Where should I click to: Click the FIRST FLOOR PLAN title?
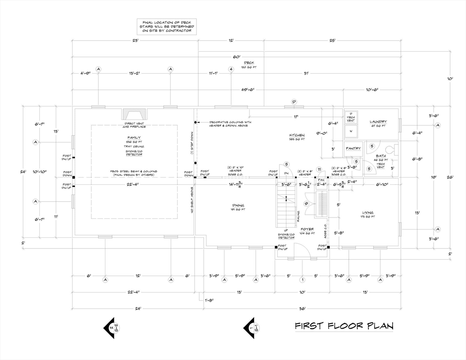(x=344, y=325)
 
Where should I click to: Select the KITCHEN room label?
(x=297, y=135)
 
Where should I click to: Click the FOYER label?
(x=307, y=229)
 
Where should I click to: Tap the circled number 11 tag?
(x=319, y=170)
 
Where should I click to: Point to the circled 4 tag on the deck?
(x=231, y=69)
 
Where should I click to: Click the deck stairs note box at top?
(x=167, y=27)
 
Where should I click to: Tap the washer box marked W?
(x=351, y=131)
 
